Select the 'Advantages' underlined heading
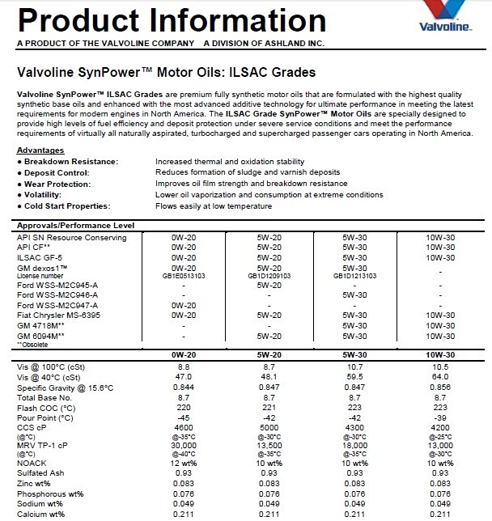coord(40,150)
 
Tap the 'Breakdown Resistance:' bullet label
coord(70,162)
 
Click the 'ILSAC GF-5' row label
coord(40,256)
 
